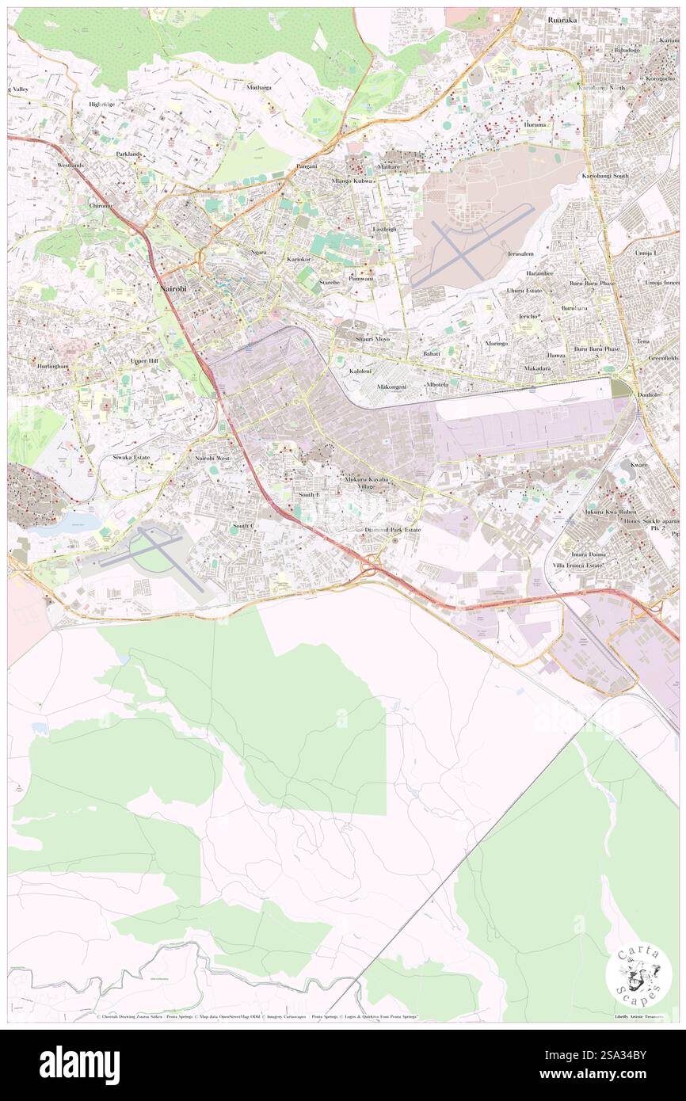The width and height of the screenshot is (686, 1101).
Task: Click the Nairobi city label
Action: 173,289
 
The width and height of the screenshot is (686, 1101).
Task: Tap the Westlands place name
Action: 70,165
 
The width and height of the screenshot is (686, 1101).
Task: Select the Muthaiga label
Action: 258,87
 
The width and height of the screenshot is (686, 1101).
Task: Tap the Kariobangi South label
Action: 605,175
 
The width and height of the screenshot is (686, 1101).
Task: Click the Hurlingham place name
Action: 52,367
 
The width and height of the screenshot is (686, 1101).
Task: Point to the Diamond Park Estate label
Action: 393,528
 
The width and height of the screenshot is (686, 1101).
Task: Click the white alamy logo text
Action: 79,1065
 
